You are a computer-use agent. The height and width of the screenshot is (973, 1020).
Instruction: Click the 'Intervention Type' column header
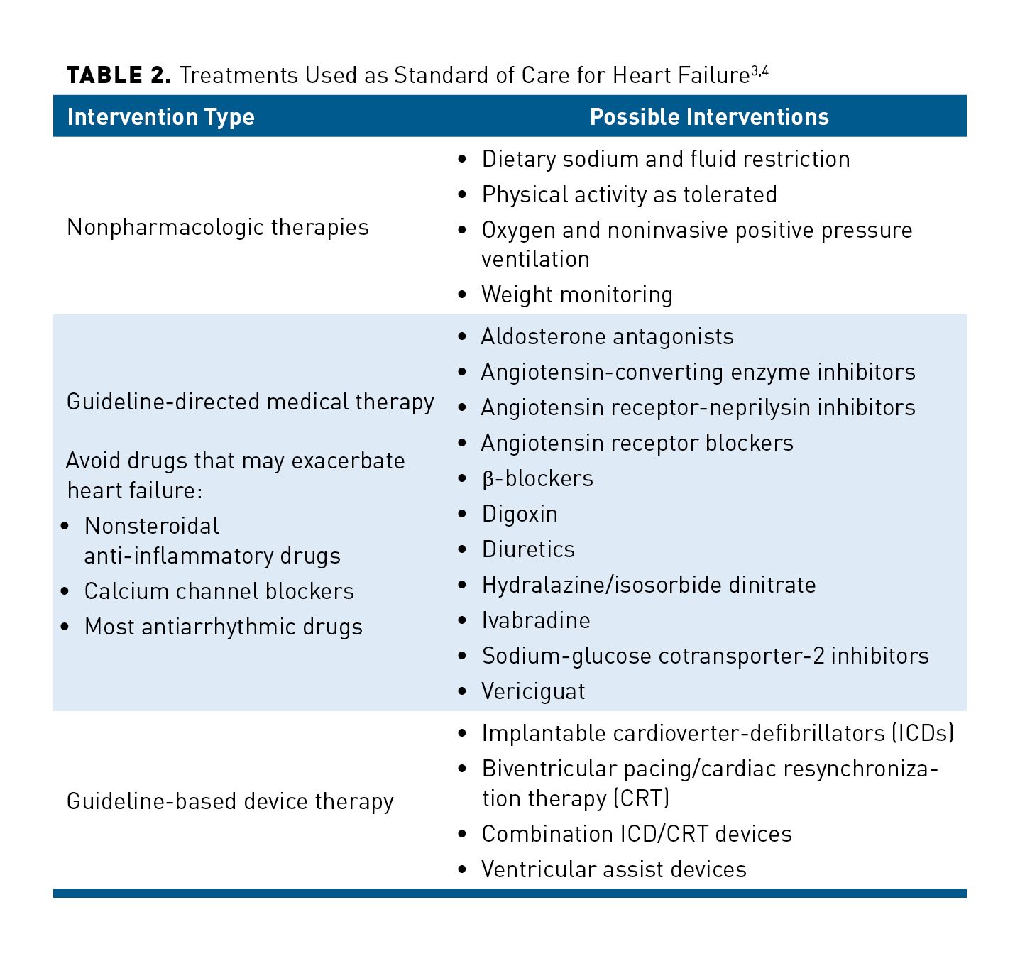160,117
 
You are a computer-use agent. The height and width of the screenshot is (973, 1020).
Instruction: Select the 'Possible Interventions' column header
709,117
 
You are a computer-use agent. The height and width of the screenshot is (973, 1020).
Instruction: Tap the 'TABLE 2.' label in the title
119,75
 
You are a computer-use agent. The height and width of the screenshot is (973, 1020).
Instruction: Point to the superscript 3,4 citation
759,70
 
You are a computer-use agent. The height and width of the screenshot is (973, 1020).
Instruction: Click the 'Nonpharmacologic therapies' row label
218,227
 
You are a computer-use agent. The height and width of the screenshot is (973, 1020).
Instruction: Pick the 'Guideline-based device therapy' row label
230,801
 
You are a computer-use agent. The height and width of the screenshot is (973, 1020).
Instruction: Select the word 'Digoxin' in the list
520,514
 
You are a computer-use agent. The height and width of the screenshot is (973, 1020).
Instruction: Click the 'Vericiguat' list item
533,691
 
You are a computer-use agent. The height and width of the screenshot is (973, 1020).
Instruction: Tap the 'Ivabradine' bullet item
536,620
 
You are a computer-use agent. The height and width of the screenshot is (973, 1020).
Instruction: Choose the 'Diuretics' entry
528,549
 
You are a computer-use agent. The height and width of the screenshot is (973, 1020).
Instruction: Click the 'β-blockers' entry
537,478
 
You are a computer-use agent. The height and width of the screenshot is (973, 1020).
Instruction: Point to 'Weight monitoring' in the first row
576,295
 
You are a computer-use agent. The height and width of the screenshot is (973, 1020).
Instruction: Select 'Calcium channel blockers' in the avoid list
219,591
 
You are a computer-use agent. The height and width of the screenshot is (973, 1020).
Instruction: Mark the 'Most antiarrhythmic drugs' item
223,627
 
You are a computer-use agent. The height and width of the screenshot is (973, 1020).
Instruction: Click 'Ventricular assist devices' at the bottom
614,869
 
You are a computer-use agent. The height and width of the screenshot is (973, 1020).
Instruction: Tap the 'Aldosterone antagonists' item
608,336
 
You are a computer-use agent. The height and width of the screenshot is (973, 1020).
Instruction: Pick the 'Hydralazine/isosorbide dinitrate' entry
649,585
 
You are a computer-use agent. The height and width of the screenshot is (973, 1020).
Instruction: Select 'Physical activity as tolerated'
629,194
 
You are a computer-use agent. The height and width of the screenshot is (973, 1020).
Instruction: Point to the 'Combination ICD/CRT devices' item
637,834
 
